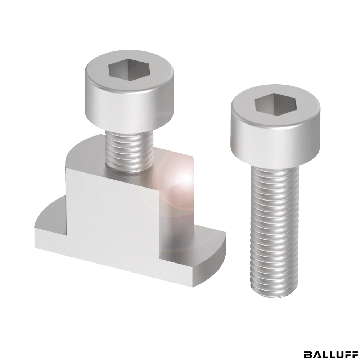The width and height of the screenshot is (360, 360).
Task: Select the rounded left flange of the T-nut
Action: [50, 213]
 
